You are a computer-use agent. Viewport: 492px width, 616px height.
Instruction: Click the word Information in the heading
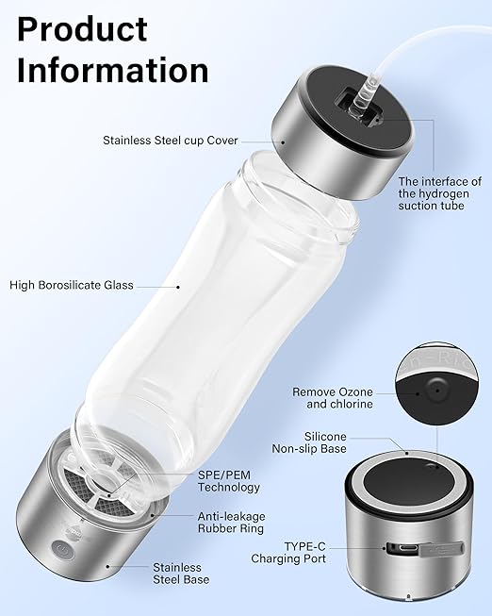click(112, 70)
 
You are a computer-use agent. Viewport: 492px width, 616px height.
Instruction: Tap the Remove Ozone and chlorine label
click(333, 397)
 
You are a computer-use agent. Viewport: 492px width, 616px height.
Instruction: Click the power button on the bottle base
click(61, 544)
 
